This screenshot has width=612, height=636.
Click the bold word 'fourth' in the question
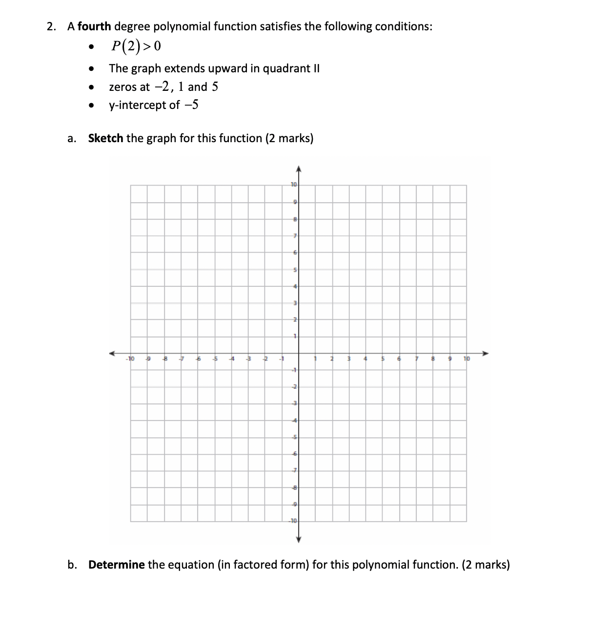coord(94,26)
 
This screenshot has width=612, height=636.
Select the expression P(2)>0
coord(135,46)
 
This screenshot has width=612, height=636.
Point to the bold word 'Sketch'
coord(105,139)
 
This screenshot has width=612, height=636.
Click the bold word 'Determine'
coord(116,565)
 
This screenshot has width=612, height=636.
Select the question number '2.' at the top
coord(51,26)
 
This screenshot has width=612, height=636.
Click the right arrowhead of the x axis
coord(485,353)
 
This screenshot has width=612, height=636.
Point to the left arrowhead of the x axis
coord(112,353)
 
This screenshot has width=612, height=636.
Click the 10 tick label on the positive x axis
coord(467,360)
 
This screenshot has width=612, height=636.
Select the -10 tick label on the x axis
coord(130,360)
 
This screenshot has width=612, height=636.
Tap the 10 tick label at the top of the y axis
coord(293,185)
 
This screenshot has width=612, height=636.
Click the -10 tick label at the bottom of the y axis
coord(292,521)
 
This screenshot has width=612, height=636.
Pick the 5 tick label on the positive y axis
coord(295,270)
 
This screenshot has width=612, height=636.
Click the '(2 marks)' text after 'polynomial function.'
coord(486,565)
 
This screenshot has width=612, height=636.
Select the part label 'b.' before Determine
coord(72,565)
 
